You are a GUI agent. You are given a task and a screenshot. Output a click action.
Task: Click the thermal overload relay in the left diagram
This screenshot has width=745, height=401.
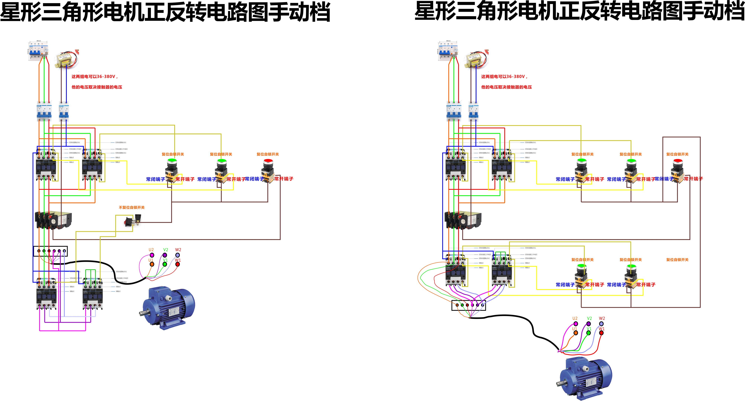(x=54, y=220)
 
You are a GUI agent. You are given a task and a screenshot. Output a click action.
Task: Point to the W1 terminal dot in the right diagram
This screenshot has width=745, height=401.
(x=601, y=333)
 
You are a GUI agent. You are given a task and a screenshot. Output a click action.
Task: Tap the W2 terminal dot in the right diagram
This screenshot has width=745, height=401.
(x=601, y=324)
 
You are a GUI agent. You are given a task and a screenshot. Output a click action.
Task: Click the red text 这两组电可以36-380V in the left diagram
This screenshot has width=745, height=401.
(x=94, y=76)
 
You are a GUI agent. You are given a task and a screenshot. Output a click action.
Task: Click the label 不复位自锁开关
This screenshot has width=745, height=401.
(x=132, y=207)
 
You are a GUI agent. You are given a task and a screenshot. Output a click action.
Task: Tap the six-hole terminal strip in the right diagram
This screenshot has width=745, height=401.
(x=469, y=305)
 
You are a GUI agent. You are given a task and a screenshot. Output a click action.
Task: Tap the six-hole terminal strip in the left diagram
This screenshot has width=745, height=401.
(x=50, y=251)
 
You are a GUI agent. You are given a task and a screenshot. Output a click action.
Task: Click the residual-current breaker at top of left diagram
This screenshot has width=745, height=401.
(x=38, y=50)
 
